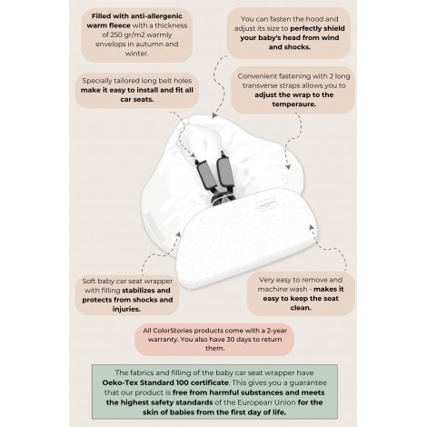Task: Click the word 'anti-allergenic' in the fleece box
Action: coord(158,16)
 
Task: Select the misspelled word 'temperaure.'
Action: coord(293,104)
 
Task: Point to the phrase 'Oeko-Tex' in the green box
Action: coord(115,382)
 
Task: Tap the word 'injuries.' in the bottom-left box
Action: coord(126,309)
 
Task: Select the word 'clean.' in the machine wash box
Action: coord(301,308)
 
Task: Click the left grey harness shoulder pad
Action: coord(205,175)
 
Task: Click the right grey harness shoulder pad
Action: coord(224,171)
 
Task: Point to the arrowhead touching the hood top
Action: coord(214,115)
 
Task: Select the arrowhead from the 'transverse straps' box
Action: coord(288,167)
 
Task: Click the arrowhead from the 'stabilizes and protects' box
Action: coord(179,235)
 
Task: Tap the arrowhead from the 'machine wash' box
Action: coord(311,227)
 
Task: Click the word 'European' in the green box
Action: coord(253,402)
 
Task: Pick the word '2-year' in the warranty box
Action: coord(276,331)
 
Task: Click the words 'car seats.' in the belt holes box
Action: coord(137,100)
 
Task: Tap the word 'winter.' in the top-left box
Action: coord(137,54)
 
